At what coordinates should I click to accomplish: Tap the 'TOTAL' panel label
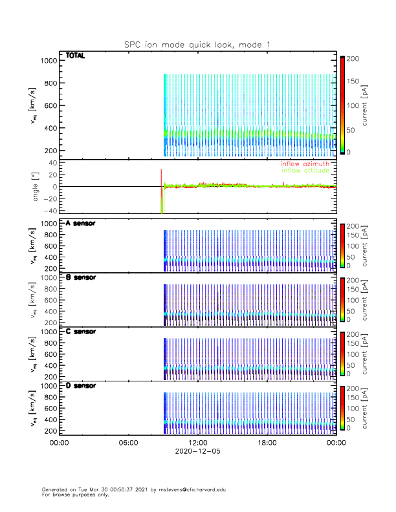click(76, 56)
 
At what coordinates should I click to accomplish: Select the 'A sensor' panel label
click(81, 224)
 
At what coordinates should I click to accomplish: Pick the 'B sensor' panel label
click(81, 277)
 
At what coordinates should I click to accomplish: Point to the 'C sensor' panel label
click(81, 332)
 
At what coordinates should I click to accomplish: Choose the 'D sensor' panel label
click(81, 385)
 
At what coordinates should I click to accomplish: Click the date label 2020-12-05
click(197, 452)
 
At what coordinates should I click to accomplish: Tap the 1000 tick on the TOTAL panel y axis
click(49, 61)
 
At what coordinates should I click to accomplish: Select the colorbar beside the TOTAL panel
click(342, 105)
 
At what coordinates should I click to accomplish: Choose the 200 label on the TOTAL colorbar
click(353, 58)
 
